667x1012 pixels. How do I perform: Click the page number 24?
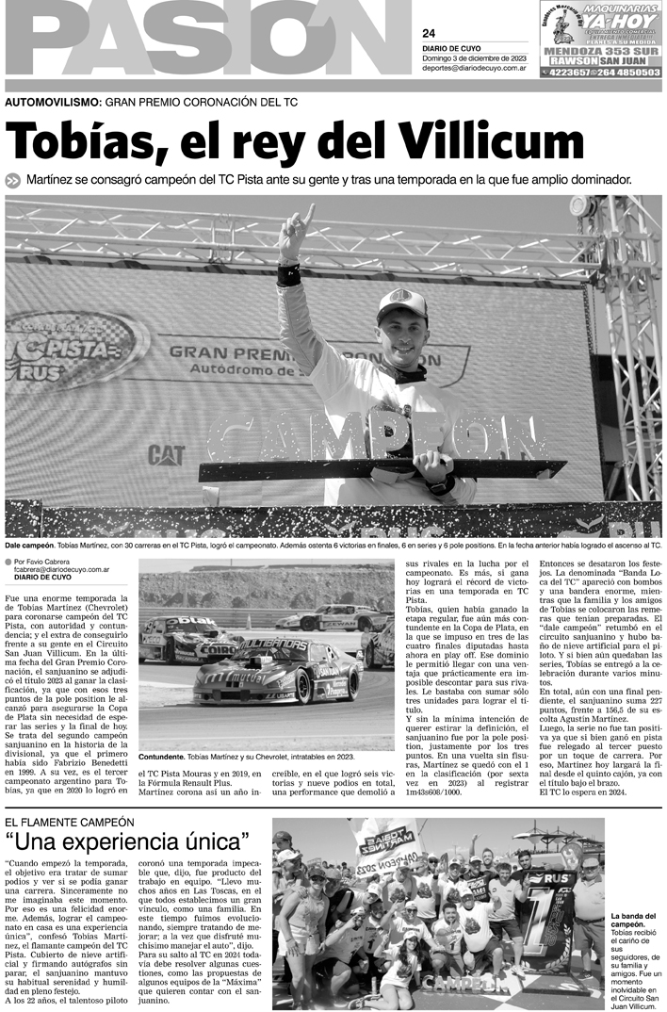click(x=429, y=33)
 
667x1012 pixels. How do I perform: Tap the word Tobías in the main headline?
click(x=87, y=143)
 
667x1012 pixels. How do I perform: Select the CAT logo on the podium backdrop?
click(x=166, y=454)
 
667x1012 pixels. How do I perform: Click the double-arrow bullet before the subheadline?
click(x=13, y=180)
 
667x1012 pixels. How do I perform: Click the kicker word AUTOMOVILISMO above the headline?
click(x=53, y=101)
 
